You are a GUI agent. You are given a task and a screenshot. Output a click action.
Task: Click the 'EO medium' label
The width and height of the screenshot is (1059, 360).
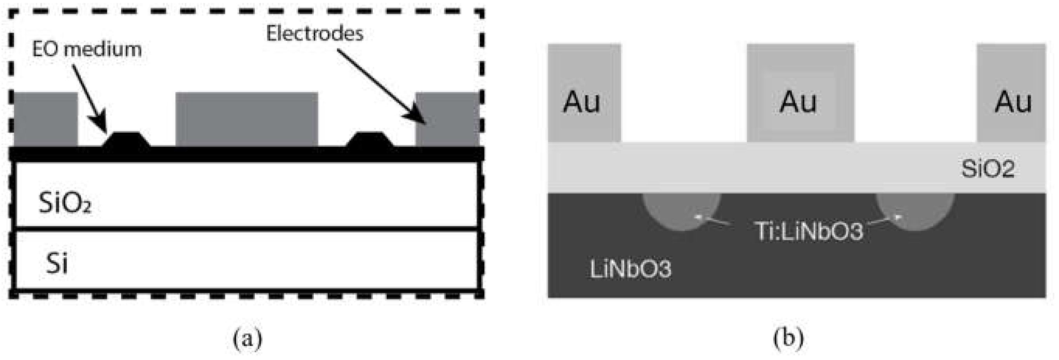[x=87, y=49]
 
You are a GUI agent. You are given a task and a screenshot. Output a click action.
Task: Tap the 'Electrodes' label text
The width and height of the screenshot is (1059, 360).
[x=315, y=33]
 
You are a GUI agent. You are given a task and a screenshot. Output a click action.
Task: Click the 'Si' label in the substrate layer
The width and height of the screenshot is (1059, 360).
[x=57, y=263]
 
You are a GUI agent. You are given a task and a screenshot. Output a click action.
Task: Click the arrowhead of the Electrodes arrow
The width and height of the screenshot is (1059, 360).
[x=419, y=117]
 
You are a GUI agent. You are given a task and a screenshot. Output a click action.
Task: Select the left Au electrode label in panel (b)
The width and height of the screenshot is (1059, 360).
[x=582, y=102]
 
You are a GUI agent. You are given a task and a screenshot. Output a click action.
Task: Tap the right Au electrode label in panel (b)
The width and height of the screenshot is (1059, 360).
[x=1013, y=102]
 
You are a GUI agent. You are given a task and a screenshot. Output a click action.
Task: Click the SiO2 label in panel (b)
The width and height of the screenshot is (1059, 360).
[x=988, y=168]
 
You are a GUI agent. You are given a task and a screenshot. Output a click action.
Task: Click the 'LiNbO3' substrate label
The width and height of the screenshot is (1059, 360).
[x=630, y=269]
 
